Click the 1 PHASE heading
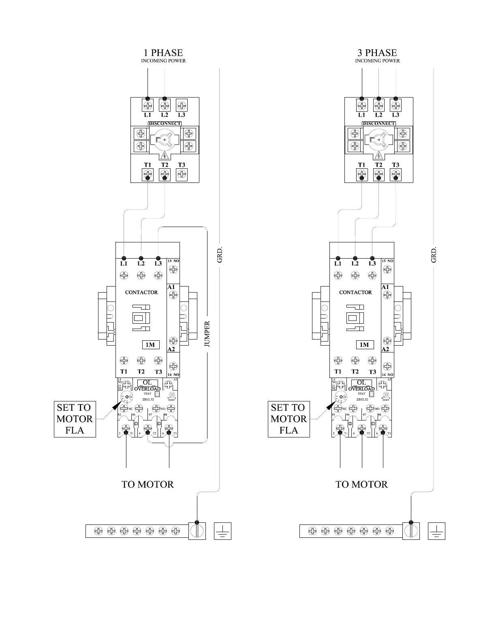pyautogui.click(x=163, y=53)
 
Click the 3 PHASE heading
pyautogui.click(x=377, y=53)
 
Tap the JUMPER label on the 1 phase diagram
pyautogui.click(x=207, y=334)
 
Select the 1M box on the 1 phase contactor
pyautogui.click(x=150, y=345)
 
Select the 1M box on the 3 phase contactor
pyautogui.click(x=364, y=345)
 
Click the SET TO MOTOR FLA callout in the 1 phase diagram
pyautogui.click(x=75, y=419)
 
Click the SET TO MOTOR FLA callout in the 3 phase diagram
pyautogui.click(x=289, y=419)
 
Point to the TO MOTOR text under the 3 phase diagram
pyautogui.click(x=361, y=484)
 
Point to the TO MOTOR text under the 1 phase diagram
pyautogui.click(x=148, y=484)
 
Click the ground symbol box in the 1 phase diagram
pyautogui.click(x=222, y=531)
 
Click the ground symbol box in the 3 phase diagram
pyautogui.click(x=436, y=531)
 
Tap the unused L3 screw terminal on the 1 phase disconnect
pyautogui.click(x=182, y=106)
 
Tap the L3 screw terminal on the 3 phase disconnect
pyautogui.click(x=396, y=106)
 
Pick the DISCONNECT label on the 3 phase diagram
pyautogui.click(x=379, y=123)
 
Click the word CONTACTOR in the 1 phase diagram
pyautogui.click(x=141, y=292)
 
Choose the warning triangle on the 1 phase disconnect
pyautogui.click(x=165, y=155)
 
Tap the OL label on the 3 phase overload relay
pyautogui.click(x=361, y=382)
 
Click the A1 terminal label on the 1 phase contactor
pyautogui.click(x=171, y=287)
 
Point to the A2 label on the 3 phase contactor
pyautogui.click(x=385, y=349)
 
